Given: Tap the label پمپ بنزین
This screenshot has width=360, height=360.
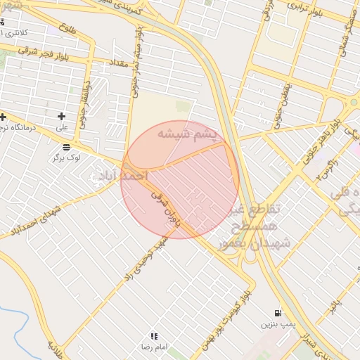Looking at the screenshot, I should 276,324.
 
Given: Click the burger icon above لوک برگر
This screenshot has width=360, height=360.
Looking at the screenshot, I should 66,147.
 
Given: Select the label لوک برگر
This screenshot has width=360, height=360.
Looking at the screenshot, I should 66,158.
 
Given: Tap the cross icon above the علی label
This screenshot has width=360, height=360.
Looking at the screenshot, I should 62,116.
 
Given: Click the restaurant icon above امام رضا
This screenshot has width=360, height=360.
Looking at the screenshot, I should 154,337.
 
